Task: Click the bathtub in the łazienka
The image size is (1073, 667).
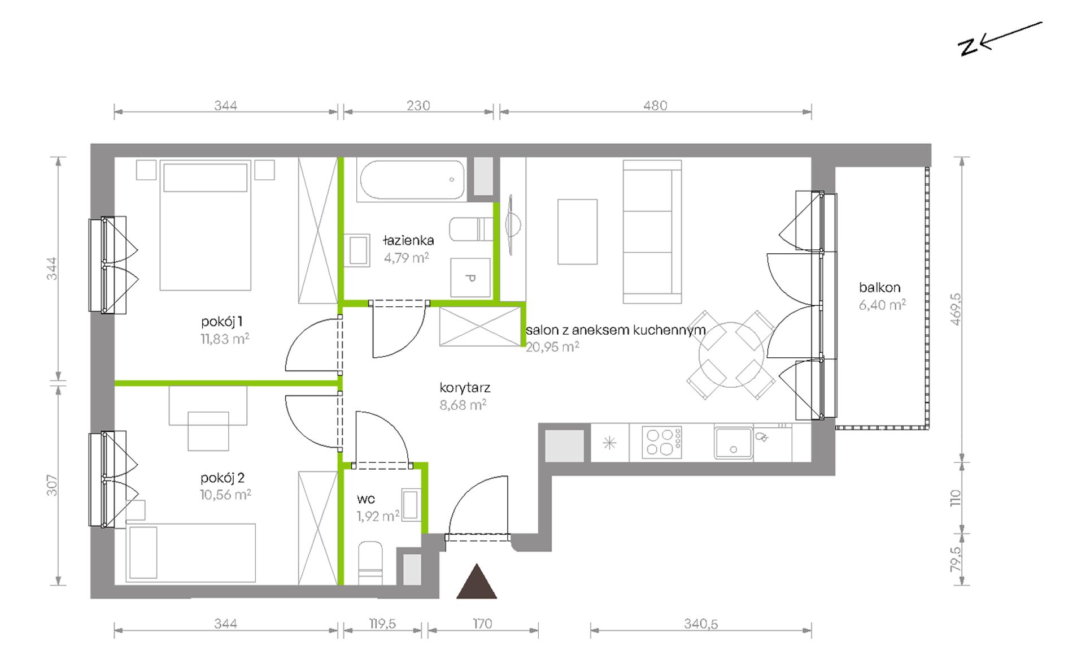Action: click(412, 180)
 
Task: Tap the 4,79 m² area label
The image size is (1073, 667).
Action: click(407, 258)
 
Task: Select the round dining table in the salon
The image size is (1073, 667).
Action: click(731, 355)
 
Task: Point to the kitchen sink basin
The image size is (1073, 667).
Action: click(733, 443)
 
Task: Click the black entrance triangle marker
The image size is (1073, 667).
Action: click(477, 581)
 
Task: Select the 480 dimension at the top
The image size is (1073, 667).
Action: click(655, 106)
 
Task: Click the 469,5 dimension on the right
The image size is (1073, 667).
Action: click(956, 309)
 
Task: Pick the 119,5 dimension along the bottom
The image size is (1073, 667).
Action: click(383, 623)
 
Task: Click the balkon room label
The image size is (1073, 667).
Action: click(880, 287)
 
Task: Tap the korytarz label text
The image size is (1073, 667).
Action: click(465, 388)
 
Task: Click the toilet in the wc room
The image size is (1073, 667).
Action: click(370, 563)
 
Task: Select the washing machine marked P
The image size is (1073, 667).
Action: click(470, 278)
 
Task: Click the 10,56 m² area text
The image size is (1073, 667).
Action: click(225, 495)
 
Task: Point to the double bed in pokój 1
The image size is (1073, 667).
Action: click(205, 225)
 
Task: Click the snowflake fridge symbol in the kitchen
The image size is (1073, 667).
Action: click(609, 443)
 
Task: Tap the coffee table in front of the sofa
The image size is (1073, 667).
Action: click(577, 231)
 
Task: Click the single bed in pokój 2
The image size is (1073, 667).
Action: click(191, 553)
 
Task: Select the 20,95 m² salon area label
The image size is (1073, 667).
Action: click(552, 347)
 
